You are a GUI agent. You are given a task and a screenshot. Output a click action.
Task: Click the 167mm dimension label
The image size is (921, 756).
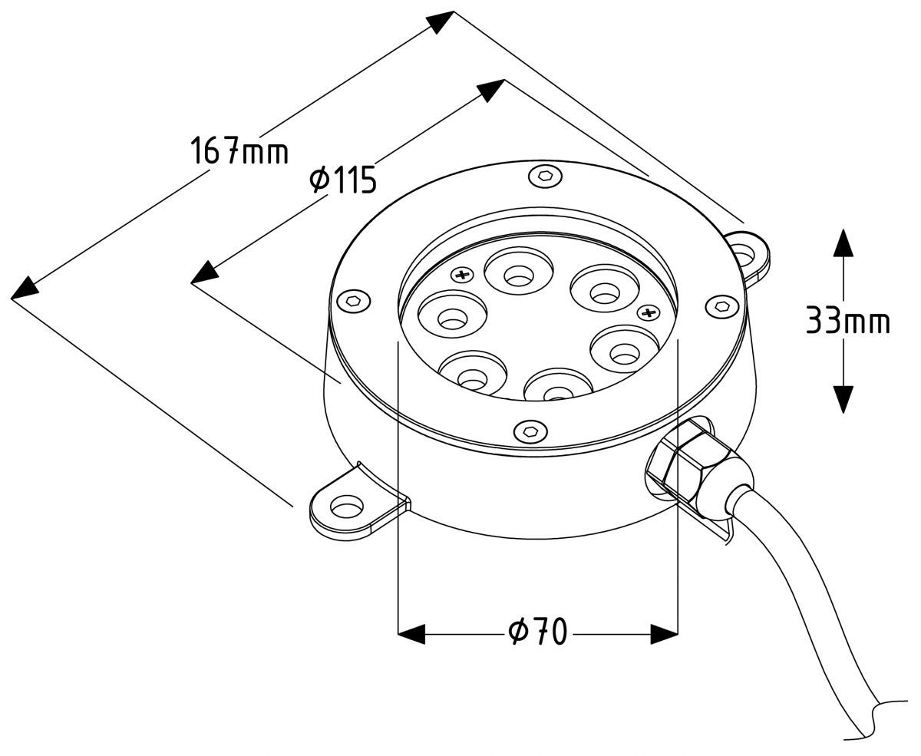tap(239, 150)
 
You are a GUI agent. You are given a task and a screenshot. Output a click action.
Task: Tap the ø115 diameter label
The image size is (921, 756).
tap(342, 180)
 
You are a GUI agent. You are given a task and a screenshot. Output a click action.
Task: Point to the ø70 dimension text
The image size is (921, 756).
tap(537, 632)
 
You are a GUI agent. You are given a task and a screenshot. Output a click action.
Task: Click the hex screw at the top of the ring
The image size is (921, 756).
tap(545, 176)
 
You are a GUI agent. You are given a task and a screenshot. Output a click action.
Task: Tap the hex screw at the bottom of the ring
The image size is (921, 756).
tap(530, 431)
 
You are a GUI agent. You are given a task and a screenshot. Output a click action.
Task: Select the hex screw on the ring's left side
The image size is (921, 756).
tap(354, 301)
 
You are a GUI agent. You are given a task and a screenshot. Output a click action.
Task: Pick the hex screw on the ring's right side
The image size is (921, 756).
tap(722, 306)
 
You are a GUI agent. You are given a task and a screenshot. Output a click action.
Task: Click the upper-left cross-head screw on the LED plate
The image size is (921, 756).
tap(463, 275)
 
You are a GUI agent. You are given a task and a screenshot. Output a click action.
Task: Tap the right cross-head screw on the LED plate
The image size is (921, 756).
tap(649, 312)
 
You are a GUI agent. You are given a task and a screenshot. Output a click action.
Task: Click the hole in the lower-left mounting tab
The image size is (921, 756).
tap(347, 507)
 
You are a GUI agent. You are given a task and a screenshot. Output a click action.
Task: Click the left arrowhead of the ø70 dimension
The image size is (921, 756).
tap(411, 634)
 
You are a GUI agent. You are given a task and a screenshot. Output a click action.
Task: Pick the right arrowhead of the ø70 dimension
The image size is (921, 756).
tap(664, 634)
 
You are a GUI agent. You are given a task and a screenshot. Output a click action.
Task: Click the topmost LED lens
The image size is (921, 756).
tap(519, 271)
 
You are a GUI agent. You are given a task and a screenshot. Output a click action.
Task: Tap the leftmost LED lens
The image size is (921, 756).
tap(452, 314)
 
